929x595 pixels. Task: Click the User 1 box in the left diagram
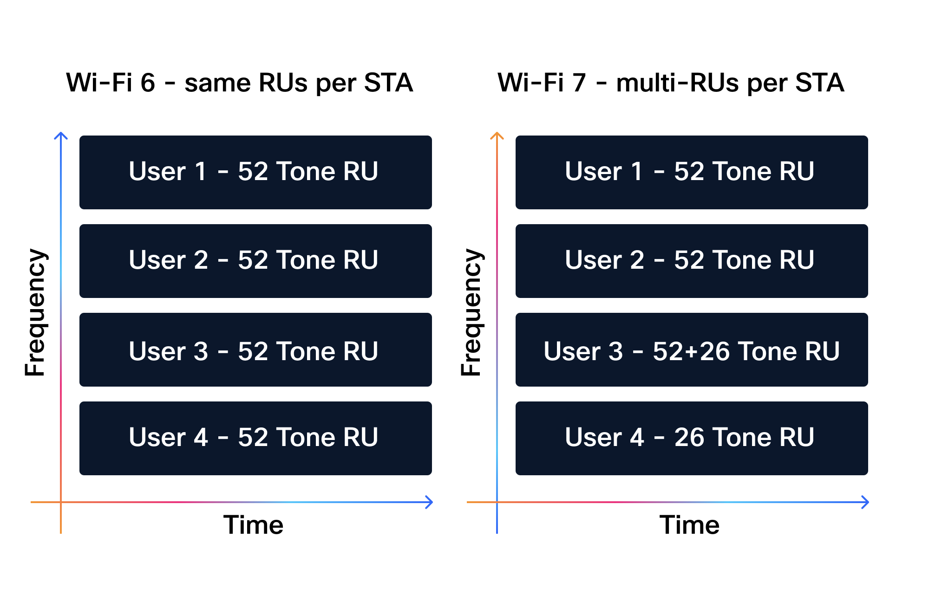pyautogui.click(x=255, y=172)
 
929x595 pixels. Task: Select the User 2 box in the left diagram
pyautogui.click(x=255, y=261)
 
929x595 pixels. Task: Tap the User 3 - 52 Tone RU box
pyautogui.click(x=255, y=349)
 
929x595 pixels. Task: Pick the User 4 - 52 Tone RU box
pyautogui.click(x=255, y=438)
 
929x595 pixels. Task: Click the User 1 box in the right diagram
pyautogui.click(x=692, y=172)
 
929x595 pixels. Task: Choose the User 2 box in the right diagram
pyautogui.click(x=692, y=261)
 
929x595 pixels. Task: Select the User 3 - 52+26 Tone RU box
pyautogui.click(x=692, y=349)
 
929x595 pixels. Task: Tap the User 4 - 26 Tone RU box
pyautogui.click(x=692, y=438)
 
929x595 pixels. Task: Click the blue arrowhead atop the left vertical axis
pyautogui.click(x=61, y=135)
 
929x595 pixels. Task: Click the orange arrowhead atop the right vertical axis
pyautogui.click(x=497, y=135)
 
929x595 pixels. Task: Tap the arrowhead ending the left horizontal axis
pyautogui.click(x=430, y=502)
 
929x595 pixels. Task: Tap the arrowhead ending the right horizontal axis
pyautogui.click(x=866, y=502)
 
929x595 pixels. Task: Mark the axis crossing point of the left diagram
pyautogui.click(x=61, y=502)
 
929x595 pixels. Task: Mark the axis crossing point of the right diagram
pyautogui.click(x=497, y=502)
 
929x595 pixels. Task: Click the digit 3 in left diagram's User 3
pyautogui.click(x=201, y=351)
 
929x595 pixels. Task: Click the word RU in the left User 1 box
pyautogui.click(x=360, y=171)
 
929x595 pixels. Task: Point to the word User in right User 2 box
pyautogui.click(x=594, y=260)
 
